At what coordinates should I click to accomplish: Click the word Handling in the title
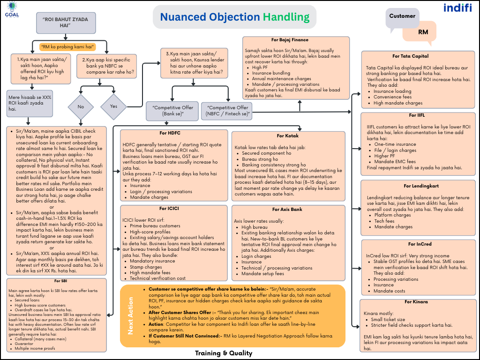click(286, 17)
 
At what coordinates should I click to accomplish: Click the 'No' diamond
click(81, 106)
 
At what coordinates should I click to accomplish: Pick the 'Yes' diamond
click(114, 106)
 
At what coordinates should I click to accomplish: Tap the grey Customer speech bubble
click(402, 17)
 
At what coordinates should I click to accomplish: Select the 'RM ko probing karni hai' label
click(67, 46)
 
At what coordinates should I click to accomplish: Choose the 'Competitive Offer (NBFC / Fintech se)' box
click(228, 111)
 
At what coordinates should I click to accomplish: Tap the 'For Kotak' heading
click(287, 136)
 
